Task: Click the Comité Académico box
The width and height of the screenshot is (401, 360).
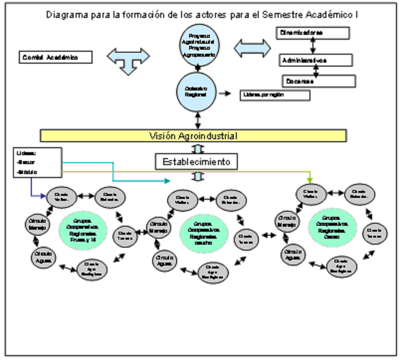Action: [x=56, y=57]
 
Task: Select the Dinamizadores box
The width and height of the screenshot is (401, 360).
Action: [x=312, y=33]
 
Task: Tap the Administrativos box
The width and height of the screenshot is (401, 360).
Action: [x=315, y=60]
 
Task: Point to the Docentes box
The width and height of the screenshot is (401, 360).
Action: [x=319, y=81]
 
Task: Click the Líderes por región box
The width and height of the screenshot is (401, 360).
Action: [x=275, y=94]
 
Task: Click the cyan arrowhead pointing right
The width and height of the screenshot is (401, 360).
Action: [x=166, y=180]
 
